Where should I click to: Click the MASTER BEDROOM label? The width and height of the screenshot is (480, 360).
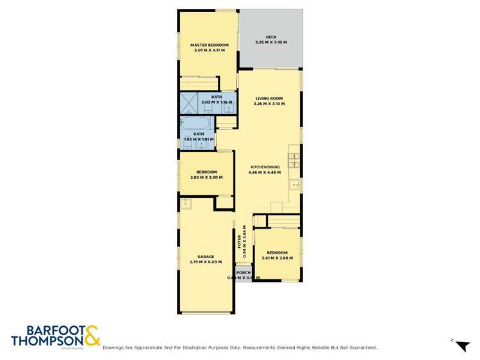pyautogui.click(x=209, y=45)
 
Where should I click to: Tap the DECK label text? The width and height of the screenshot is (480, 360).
pyautogui.click(x=271, y=37)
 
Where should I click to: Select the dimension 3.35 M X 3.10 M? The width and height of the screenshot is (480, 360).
pyautogui.click(x=271, y=42)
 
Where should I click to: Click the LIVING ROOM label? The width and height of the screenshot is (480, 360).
pyautogui.click(x=269, y=98)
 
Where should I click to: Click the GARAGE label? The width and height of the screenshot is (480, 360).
pyautogui.click(x=206, y=257)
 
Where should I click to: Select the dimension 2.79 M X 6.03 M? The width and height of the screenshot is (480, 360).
pyautogui.click(x=206, y=262)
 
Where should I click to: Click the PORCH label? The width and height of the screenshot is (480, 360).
pyautogui.click(x=244, y=273)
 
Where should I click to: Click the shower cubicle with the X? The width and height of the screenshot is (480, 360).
pyautogui.click(x=190, y=102)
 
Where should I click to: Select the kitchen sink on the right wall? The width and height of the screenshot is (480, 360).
pyautogui.click(x=295, y=184)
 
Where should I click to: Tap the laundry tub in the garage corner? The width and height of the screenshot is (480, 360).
pyautogui.click(x=186, y=204)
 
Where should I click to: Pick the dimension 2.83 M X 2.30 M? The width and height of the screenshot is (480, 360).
pyautogui.click(x=206, y=177)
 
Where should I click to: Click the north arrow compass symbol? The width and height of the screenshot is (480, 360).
pyautogui.click(x=461, y=345)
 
